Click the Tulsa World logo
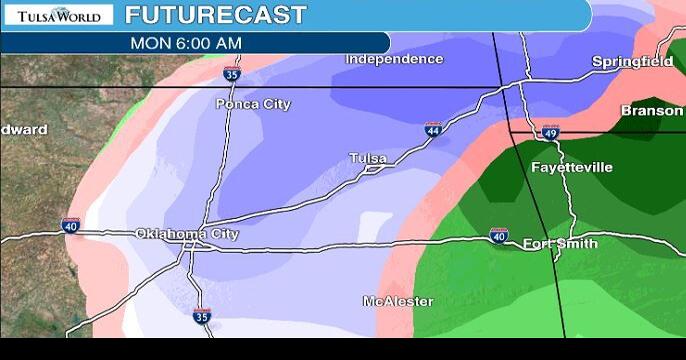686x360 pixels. point(59,16)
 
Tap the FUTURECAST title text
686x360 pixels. point(216,15)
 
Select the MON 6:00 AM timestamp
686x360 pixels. point(186,43)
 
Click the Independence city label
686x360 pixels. point(394,59)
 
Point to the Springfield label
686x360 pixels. point(632,62)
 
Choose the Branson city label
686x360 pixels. point(651,111)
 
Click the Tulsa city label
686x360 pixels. point(368,158)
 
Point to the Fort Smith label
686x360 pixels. point(560,243)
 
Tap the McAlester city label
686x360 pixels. point(397,301)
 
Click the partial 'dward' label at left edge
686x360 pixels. point(23,130)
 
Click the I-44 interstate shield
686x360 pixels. point(432,130)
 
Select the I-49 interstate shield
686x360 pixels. point(550,133)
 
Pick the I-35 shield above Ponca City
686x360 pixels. point(231,73)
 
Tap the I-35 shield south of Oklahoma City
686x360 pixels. point(201,316)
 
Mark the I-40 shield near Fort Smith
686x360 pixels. point(498,236)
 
